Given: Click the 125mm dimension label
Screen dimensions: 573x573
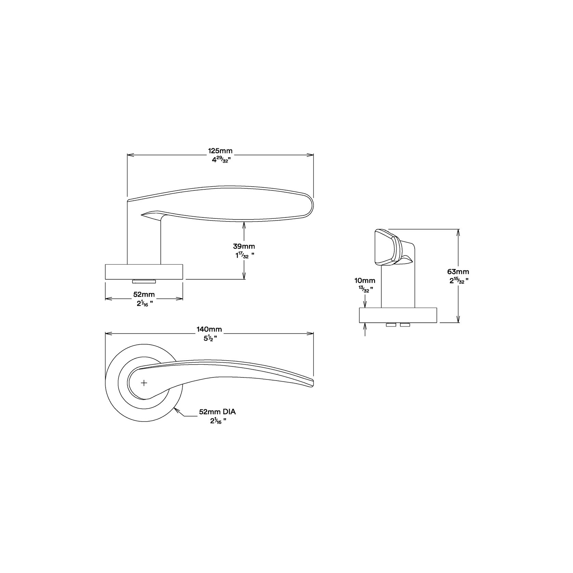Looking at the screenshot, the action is click(220, 150).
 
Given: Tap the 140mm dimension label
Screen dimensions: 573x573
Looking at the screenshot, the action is click(209, 329).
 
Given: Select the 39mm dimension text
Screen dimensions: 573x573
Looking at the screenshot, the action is click(244, 246).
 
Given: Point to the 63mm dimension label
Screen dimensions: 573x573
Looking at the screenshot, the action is click(458, 272).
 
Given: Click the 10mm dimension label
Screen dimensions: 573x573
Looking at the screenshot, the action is click(365, 281).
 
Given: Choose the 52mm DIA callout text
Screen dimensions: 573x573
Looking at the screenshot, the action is click(217, 412).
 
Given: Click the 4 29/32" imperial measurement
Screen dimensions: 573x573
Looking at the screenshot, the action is click(220, 160).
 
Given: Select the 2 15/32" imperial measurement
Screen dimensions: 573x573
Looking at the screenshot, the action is click(458, 281).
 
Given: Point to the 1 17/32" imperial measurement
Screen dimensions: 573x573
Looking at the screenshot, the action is click(244, 255).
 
